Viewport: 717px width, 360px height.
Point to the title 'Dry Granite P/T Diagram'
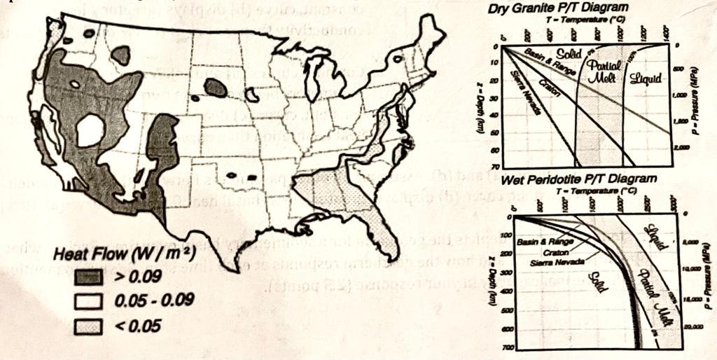click(x=560, y=8)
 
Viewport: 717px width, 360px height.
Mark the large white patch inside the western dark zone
click(x=91, y=130)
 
